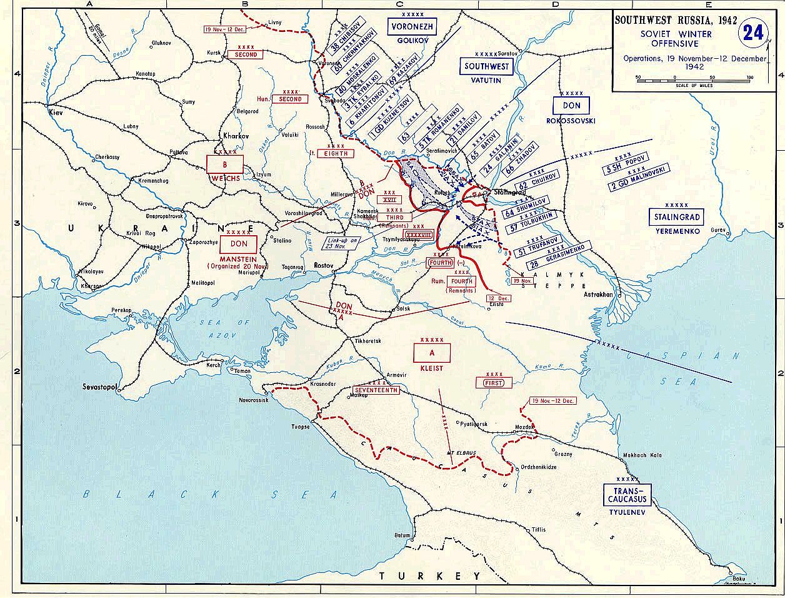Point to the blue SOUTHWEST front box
486,66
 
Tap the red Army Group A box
431,353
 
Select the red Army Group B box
225,164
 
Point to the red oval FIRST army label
493,382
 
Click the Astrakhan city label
600,293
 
